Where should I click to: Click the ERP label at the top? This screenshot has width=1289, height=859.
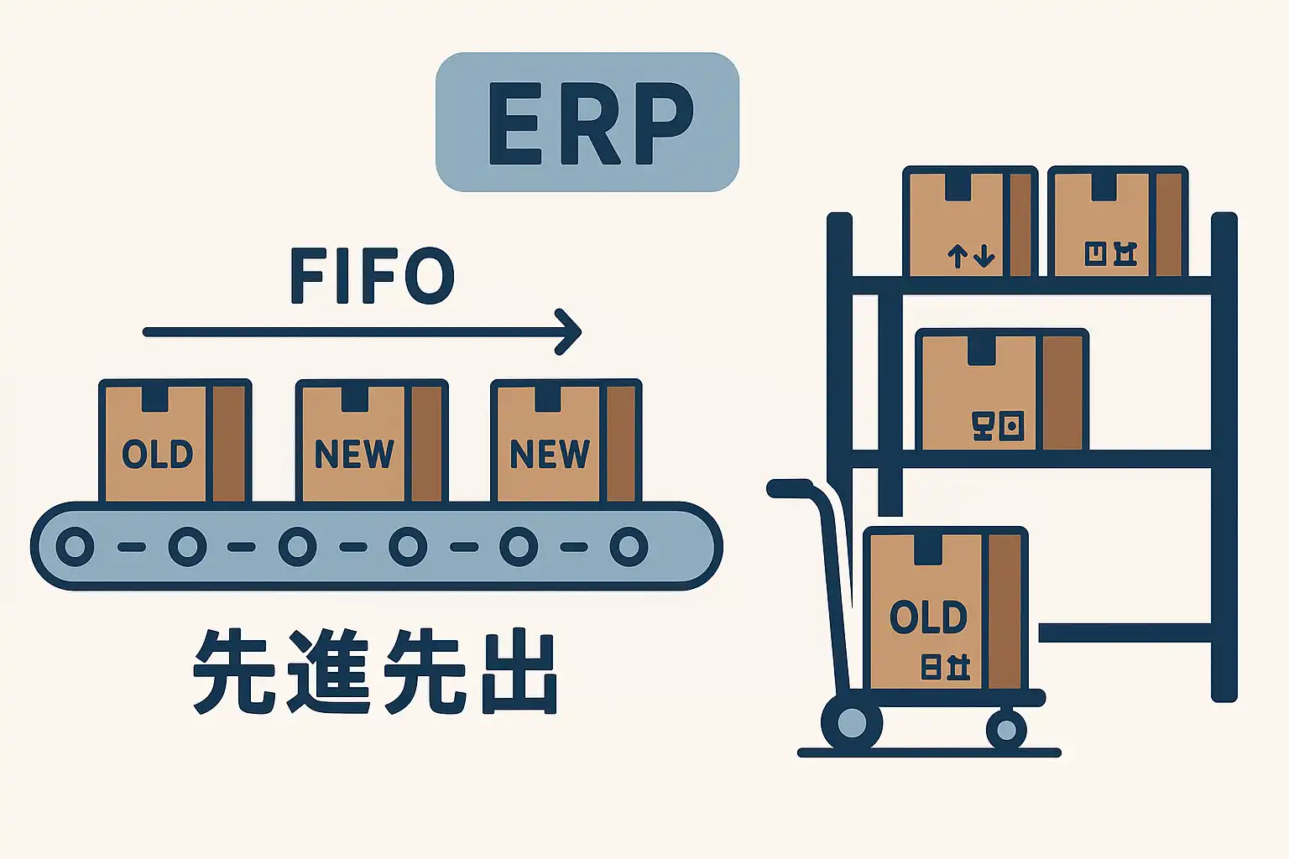pos(587,122)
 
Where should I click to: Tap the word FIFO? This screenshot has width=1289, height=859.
pos(372,276)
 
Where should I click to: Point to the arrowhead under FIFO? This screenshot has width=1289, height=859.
pos(571,332)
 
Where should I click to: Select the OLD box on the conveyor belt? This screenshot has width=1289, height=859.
pos(175,442)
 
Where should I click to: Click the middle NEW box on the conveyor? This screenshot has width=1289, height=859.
pos(371,442)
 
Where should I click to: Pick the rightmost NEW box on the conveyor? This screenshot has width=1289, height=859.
pos(566,442)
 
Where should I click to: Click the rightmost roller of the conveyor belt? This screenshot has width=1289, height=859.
pos(629,547)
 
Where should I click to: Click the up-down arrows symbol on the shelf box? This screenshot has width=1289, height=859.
pos(971,255)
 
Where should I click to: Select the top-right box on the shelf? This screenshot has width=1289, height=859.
pos(1117,222)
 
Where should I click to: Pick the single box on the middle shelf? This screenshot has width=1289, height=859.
pos(1001,391)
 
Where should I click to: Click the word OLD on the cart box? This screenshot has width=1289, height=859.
pos(928,618)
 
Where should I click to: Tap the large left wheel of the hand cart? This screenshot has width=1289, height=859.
pos(852,722)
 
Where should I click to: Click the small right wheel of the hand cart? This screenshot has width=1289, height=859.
pos(1006,729)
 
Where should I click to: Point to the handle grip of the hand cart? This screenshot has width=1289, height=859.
pos(789,488)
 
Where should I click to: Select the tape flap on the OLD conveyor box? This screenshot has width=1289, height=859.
pos(154,398)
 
